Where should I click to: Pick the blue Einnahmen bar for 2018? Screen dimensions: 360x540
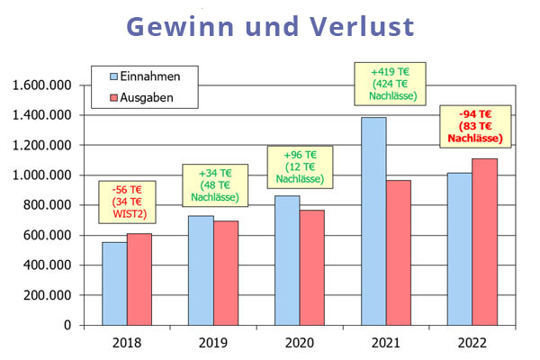(113, 283)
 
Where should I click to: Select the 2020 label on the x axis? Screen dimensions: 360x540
(299, 342)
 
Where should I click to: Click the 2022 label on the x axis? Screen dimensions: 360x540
(472, 342)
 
